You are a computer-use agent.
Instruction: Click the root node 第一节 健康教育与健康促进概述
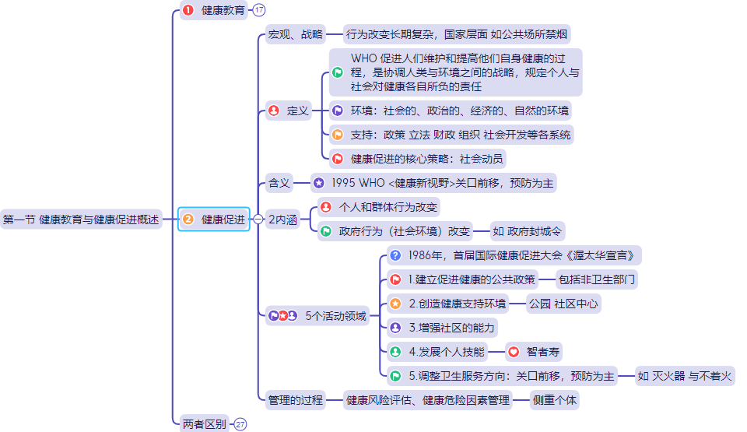point(81,220)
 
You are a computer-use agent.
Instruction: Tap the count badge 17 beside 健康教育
point(259,10)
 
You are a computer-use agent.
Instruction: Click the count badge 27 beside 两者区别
point(240,424)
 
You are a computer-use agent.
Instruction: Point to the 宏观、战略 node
point(295,34)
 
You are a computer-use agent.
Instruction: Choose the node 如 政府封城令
point(528,230)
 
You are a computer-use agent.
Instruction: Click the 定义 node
point(288,111)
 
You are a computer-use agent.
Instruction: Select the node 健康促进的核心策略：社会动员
point(417,159)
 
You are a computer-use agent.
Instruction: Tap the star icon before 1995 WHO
point(319,184)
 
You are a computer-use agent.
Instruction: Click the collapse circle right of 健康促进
point(258,220)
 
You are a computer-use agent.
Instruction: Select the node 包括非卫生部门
point(596,279)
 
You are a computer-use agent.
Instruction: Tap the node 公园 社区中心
point(564,304)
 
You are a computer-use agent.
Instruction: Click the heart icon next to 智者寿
point(514,352)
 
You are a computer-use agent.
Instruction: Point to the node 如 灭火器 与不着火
point(685,376)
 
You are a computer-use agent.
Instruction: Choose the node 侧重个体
point(555,400)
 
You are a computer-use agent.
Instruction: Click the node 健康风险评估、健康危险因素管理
point(428,400)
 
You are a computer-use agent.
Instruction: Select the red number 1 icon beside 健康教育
point(188,10)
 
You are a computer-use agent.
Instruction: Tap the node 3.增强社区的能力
point(442,328)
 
